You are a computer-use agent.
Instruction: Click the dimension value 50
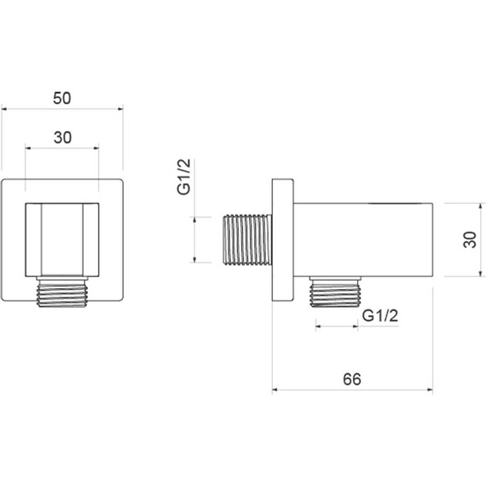pos(62,98)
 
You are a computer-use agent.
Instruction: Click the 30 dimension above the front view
pos(62,137)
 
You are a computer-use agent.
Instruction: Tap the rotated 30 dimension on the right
pos(470,240)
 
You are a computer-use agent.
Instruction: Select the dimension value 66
pos(352,379)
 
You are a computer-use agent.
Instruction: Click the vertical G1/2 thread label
pos(184,176)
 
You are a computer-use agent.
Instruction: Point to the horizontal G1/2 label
pos(380,315)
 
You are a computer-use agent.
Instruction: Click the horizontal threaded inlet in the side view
pos(248,240)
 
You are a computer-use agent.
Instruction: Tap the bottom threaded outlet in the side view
pos(335,292)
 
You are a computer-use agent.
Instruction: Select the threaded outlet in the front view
pos(62,292)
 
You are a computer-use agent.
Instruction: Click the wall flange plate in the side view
pos(283,240)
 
